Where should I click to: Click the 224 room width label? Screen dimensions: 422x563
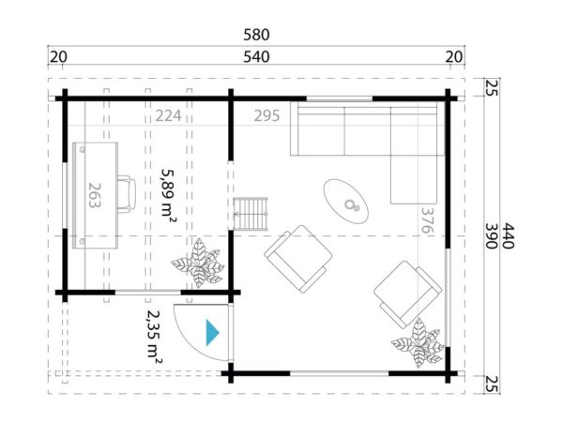[169, 117]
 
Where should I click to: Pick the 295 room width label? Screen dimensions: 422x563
[267, 117]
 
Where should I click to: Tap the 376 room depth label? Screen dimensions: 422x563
[429, 224]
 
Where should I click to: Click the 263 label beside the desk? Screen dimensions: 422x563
[94, 196]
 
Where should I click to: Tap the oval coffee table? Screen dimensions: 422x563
[350, 199]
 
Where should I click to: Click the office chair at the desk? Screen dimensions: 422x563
[124, 192]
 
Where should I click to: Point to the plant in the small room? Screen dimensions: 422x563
[200, 264]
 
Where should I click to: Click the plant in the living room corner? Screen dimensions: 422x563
[418, 343]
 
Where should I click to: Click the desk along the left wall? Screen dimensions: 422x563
[94, 195]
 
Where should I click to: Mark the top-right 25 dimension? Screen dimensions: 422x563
[491, 89]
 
